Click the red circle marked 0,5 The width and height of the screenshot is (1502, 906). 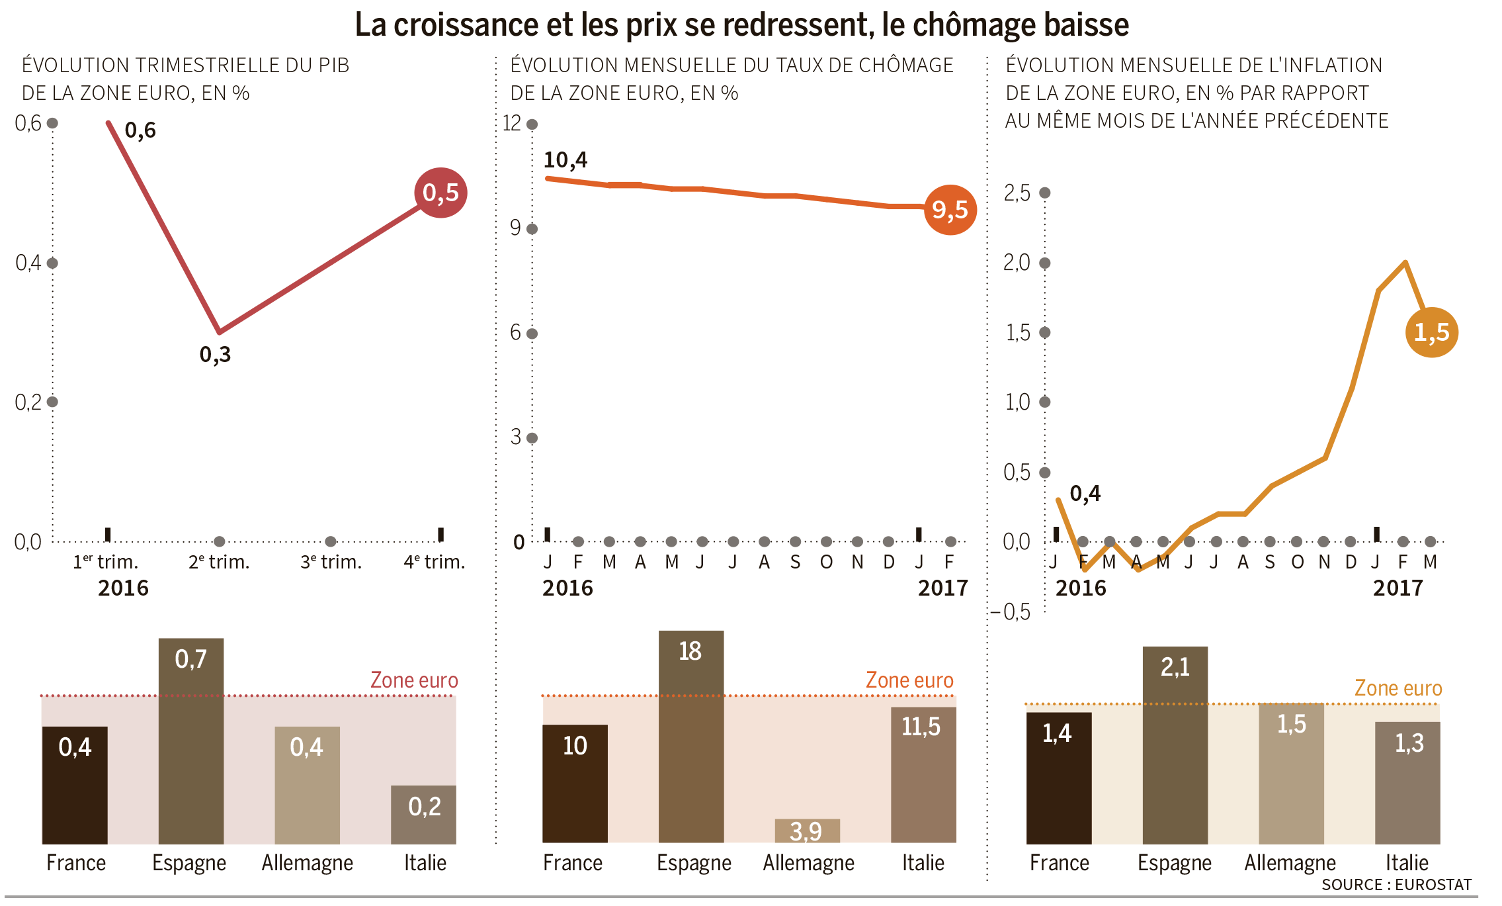point(440,193)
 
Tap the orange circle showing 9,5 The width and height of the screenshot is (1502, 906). point(950,210)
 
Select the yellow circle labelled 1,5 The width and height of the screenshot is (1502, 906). point(1431,332)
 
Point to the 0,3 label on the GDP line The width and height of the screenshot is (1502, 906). point(215,355)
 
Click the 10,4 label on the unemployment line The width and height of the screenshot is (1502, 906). point(565,160)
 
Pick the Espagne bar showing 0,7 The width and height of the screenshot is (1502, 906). point(190,741)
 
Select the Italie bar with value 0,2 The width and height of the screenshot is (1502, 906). point(423,814)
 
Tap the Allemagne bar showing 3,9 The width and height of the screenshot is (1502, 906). point(807,831)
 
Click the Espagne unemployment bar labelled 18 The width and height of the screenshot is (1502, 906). point(690,736)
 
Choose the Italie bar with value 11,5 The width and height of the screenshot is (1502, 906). point(923,774)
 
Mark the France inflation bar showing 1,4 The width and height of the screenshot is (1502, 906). point(1058,778)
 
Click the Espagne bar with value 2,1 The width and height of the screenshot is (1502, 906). point(1175,745)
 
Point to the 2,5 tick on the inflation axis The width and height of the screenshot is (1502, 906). point(1017,193)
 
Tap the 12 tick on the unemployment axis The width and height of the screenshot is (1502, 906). point(512,123)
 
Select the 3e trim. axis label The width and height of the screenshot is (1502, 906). point(331,563)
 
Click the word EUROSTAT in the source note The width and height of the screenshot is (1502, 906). point(1433,885)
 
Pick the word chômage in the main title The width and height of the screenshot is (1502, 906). point(972,25)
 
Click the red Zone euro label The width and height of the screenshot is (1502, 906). point(414,680)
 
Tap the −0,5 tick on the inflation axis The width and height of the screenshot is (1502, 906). point(1012,612)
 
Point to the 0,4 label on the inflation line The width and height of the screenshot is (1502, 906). point(1085,494)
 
